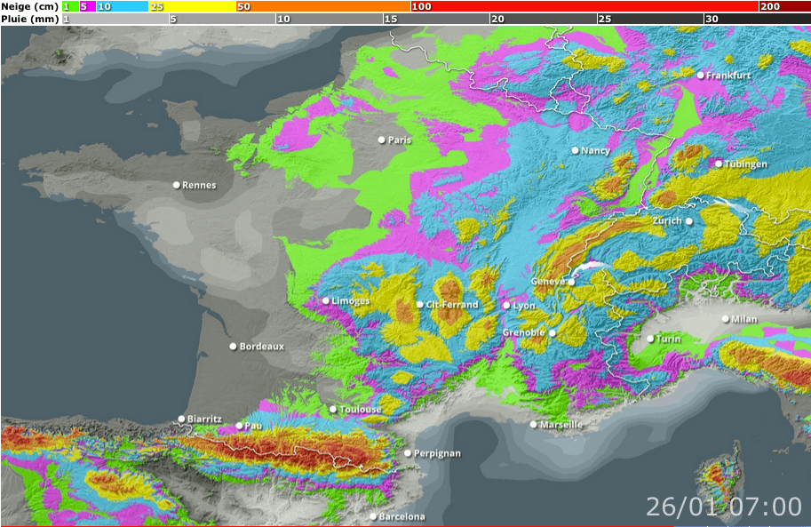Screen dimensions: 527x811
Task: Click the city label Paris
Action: [401, 140]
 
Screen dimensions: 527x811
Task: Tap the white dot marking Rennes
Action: [176, 185]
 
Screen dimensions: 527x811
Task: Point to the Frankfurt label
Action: [729, 76]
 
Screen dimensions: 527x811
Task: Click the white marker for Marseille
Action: [534, 424]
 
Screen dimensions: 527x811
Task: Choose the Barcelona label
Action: [402, 516]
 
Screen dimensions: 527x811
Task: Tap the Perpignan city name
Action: [438, 453]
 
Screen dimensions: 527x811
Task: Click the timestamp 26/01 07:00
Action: [723, 507]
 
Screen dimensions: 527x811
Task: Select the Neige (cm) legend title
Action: [29, 6]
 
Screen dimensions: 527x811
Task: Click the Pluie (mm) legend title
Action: [29, 19]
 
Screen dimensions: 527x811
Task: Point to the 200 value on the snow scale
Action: [770, 6]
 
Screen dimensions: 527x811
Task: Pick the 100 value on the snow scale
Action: [421, 6]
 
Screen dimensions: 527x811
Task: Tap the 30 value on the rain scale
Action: [712, 19]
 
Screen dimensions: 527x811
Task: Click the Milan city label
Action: [743, 319]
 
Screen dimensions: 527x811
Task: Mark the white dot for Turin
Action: [650, 339]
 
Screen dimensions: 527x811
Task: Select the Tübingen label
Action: [745, 164]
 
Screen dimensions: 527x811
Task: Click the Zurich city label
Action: [667, 220]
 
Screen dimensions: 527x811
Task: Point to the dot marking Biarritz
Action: [181, 419]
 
